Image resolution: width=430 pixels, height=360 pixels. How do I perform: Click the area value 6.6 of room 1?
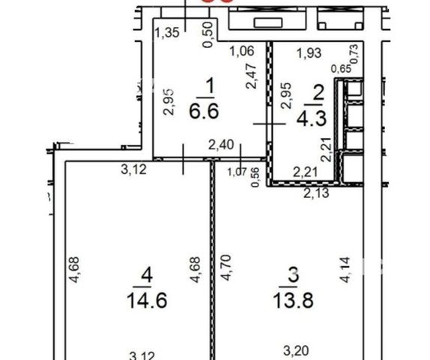[x=204, y=111]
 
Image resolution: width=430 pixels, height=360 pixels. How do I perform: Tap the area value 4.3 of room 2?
[x=312, y=118]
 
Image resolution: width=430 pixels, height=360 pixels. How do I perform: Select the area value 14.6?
[x=147, y=300]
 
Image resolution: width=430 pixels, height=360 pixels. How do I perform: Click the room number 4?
[x=146, y=275]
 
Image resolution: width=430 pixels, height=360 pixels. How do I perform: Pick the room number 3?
[x=293, y=275]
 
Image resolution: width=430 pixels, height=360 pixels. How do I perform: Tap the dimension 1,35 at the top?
[x=167, y=33]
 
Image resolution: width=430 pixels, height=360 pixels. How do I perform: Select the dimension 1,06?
[x=242, y=51]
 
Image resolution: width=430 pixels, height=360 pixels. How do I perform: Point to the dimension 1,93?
[x=309, y=52]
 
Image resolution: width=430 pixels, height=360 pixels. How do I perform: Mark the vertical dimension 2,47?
[x=252, y=76]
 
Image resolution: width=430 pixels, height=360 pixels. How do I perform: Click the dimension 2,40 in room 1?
[x=221, y=145]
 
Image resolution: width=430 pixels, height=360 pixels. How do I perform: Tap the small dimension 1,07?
[x=237, y=172]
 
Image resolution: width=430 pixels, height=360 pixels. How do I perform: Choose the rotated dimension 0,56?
[x=255, y=178]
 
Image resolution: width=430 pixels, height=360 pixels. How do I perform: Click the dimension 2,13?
[x=316, y=193]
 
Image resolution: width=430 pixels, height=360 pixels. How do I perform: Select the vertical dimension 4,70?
[x=226, y=268]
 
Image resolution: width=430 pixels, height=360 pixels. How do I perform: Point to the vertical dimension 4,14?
[x=345, y=270]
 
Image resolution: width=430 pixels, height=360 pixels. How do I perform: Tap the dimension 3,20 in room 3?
[x=296, y=351]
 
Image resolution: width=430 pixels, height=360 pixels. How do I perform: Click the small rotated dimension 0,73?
[x=354, y=54]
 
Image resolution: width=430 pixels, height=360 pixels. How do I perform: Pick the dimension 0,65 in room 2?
[x=341, y=69]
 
